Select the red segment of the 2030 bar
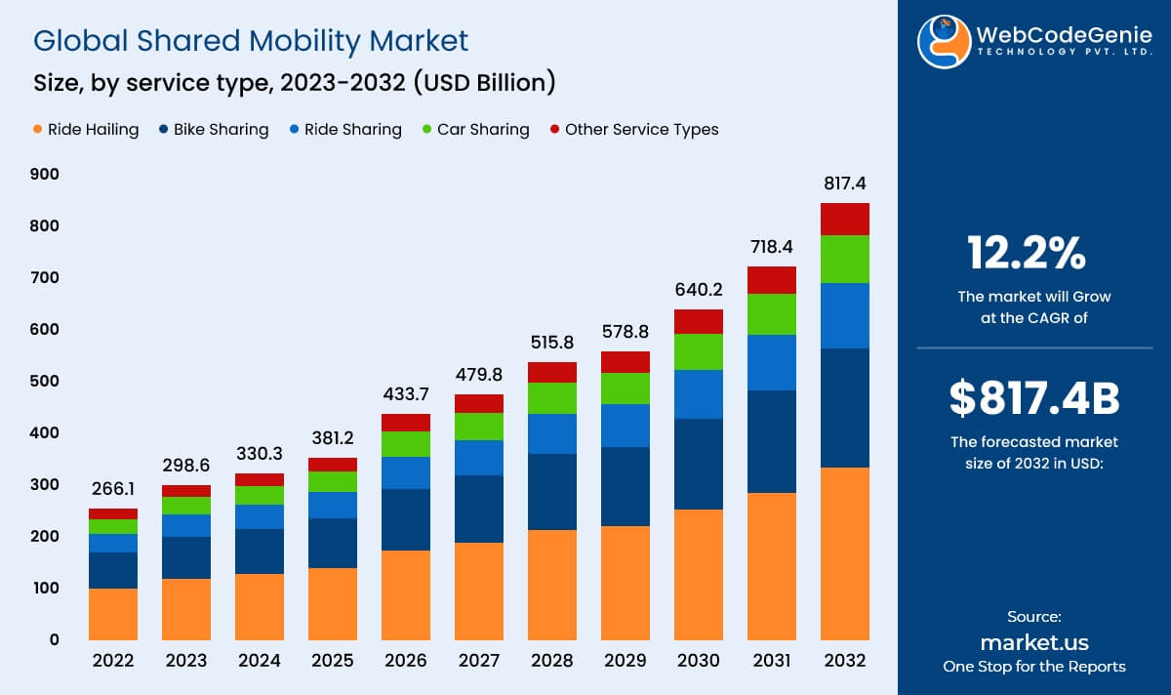(x=699, y=321)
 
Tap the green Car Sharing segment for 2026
(x=406, y=444)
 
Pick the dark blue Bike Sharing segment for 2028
(x=552, y=492)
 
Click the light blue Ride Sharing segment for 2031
(x=772, y=363)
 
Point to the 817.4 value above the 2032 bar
(x=845, y=184)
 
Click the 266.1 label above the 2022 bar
(x=113, y=488)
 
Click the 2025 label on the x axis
(x=333, y=661)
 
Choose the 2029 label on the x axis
(x=626, y=661)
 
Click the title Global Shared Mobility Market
(x=251, y=40)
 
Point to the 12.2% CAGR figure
(x=1027, y=254)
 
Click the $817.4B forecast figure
(x=1034, y=398)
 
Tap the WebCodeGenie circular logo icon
(x=944, y=41)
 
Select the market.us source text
(x=1034, y=642)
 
